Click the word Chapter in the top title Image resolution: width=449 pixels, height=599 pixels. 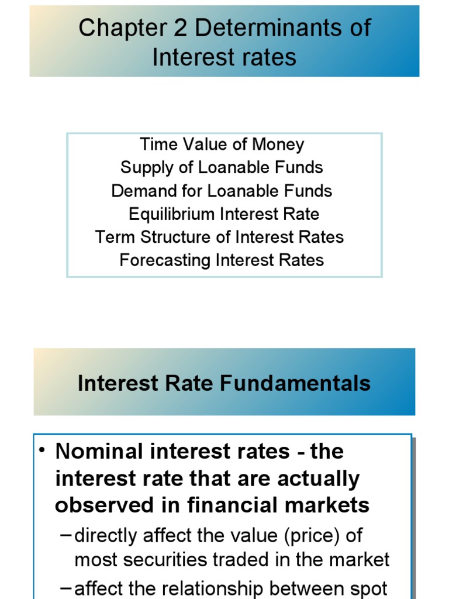click(x=123, y=28)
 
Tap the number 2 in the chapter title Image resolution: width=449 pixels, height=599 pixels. click(x=181, y=28)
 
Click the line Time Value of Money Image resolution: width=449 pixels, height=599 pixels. click(x=222, y=144)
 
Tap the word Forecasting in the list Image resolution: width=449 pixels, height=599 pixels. click(x=165, y=260)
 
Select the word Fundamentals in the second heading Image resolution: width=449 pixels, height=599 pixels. click(x=295, y=383)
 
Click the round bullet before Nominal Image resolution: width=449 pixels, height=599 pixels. click(x=42, y=450)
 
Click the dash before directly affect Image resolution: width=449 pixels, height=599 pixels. click(x=65, y=535)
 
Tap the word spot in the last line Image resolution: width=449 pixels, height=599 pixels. click(x=369, y=589)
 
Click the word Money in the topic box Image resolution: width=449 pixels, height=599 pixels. click(x=278, y=145)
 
